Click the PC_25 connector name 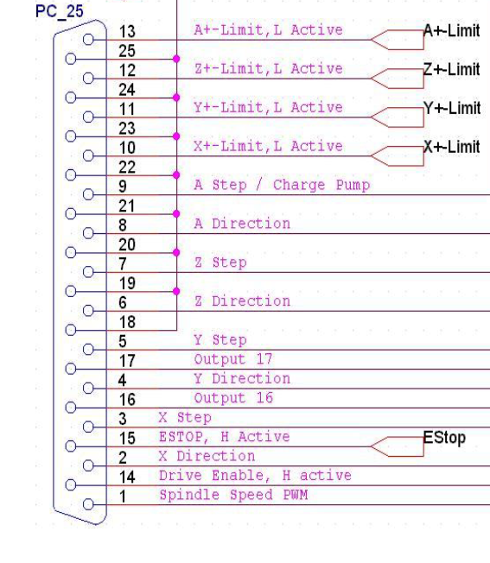point(60,11)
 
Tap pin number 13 point(127,32)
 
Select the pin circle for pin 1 point(88,504)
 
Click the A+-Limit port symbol point(397,40)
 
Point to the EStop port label point(444,437)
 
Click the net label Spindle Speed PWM point(233,495)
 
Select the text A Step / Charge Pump point(282,185)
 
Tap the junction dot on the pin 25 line point(176,59)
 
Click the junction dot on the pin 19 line point(176,291)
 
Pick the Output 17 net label point(233,359)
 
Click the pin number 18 point(127,322)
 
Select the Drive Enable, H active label point(255,476)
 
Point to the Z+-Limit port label point(452,69)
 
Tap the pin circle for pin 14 point(71,484)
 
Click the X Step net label point(185,417)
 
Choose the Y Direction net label point(243,378)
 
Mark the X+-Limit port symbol point(397,156)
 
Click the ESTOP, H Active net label point(225,437)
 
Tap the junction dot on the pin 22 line point(176,175)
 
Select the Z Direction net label point(243,300)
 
